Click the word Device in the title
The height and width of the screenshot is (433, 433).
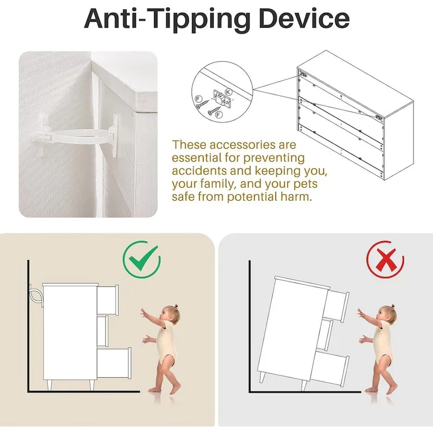coord(304,19)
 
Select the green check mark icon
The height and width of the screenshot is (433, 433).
coord(142,259)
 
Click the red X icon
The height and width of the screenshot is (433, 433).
coord(385,259)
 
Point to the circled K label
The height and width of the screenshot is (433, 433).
coord(228,91)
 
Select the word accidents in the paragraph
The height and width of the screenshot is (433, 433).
coord(199,171)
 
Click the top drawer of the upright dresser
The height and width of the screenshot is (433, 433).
coord(108,300)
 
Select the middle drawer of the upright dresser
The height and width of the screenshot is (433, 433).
coord(103,331)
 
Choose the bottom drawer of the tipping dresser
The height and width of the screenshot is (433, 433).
coord(330,366)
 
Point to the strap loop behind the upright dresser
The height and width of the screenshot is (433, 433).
coord(36,295)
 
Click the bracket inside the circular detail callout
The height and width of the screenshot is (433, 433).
coord(222,99)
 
